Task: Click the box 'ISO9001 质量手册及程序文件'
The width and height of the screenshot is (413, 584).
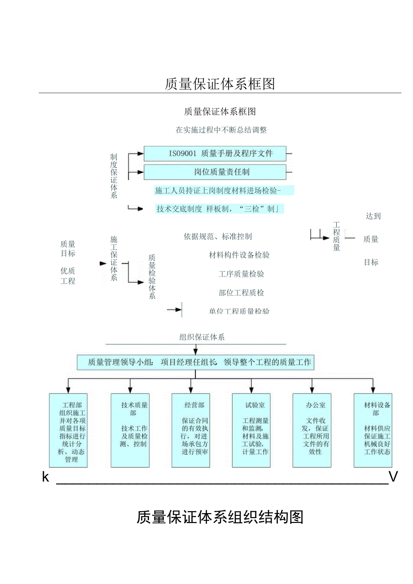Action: point(215,154)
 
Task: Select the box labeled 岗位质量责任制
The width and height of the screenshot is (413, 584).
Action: point(215,172)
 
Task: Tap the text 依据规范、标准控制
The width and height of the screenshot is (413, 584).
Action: point(217,236)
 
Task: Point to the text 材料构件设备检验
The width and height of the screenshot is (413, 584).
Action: point(239,255)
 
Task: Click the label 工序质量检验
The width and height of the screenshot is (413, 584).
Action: point(241,274)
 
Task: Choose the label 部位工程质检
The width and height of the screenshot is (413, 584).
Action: point(241,293)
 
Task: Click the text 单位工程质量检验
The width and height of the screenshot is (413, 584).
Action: point(239,311)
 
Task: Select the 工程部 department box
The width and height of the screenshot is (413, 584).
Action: point(68,430)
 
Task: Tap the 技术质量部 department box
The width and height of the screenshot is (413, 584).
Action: point(130,430)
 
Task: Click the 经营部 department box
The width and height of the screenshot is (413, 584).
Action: point(191,430)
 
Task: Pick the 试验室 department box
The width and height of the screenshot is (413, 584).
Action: point(251,430)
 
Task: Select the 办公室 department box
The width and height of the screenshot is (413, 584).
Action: point(312,430)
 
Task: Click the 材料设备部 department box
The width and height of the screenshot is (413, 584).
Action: point(373,430)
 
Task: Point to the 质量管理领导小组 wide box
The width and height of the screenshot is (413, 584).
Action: point(195,362)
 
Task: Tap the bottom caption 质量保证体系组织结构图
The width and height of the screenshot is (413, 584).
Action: point(220,517)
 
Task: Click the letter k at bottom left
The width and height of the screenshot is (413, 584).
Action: point(45,477)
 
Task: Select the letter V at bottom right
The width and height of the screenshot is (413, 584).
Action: point(393,477)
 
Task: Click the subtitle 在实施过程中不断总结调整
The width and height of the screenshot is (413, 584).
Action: point(221,130)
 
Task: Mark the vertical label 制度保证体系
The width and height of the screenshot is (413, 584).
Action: point(114,176)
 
